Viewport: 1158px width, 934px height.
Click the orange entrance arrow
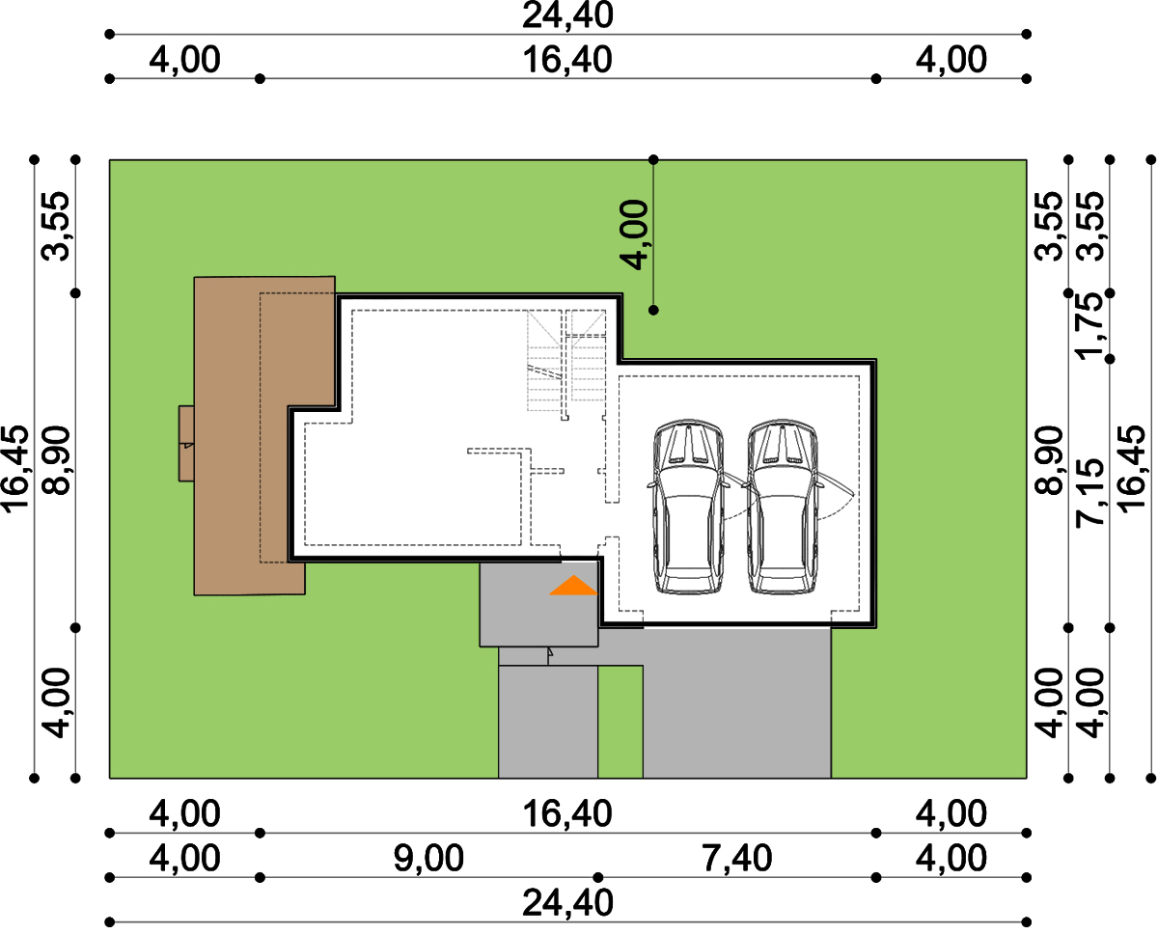[573, 586]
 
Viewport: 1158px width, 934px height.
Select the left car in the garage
[687, 507]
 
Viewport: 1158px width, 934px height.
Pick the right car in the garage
[782, 507]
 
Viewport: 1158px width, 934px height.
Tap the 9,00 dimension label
[428, 858]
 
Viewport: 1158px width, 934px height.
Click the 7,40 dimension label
[737, 858]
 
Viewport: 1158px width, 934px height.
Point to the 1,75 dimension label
[1090, 326]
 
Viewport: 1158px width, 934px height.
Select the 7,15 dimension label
[1090, 492]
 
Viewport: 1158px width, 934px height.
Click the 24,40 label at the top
[567, 15]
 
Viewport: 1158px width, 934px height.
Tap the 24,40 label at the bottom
[567, 903]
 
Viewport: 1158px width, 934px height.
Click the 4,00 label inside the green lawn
[634, 234]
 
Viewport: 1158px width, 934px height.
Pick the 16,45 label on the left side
[14, 469]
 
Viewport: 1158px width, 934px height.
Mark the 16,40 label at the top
[567, 60]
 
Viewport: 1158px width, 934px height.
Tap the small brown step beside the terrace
[186, 443]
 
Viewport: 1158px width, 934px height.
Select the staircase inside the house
[566, 361]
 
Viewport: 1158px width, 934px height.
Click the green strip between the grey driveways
[620, 722]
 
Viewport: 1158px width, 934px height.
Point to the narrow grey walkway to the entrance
[548, 722]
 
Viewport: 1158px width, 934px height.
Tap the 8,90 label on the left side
[56, 460]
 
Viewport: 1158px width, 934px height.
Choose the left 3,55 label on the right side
[1049, 227]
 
